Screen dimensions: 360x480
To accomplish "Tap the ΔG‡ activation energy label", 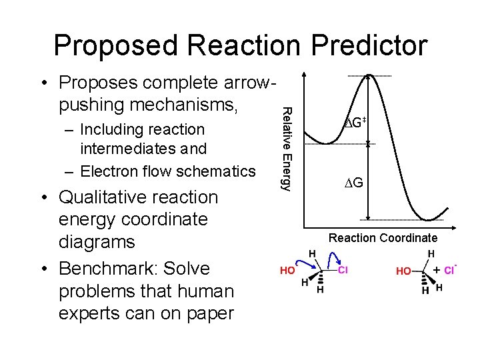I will [353, 121].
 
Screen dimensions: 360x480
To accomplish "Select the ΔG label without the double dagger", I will [353, 182].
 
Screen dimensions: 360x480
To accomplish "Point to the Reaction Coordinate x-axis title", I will [383, 238].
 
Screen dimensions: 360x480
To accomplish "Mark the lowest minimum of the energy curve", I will [426, 218].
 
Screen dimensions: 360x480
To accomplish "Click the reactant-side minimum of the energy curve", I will [327, 143].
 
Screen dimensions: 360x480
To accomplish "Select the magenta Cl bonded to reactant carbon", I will [343, 271].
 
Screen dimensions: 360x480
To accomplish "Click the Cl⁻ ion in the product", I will [449, 270].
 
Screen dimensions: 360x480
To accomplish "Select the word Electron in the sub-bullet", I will [110, 171].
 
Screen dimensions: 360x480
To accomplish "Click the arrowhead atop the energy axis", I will [304, 75].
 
